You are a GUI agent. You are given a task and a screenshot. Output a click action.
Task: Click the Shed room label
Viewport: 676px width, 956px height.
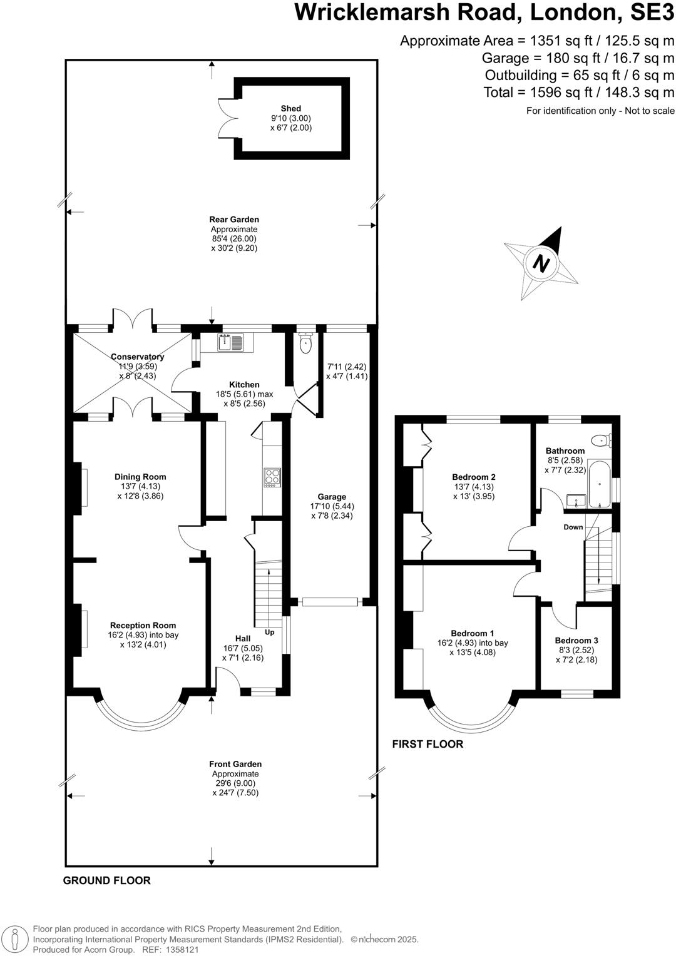point(290,109)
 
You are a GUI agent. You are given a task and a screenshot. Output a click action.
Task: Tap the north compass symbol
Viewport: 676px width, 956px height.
point(541,263)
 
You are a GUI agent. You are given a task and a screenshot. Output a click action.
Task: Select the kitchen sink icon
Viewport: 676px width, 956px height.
point(233,342)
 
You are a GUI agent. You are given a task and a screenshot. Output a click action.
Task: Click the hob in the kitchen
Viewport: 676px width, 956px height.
point(272,477)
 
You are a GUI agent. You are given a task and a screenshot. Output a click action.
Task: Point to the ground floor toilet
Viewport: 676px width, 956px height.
point(305,343)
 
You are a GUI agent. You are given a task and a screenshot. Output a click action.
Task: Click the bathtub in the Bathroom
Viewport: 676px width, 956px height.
point(600,486)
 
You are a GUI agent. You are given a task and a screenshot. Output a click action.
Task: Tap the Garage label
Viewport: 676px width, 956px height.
point(332,497)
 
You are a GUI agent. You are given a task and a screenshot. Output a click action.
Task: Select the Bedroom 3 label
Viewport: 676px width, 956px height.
point(576,640)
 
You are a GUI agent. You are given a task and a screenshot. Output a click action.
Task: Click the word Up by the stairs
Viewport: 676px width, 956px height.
point(270,633)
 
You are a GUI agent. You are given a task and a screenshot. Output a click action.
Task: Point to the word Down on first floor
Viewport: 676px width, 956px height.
point(573,527)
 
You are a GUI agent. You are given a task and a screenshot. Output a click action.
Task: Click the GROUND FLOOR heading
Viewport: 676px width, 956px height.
point(107,880)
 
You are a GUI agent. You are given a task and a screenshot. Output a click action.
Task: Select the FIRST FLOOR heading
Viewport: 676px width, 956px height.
point(428,744)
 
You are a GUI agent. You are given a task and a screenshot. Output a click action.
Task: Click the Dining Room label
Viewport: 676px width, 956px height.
point(140,477)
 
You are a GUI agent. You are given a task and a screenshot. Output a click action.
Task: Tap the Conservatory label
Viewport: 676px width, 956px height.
point(137,357)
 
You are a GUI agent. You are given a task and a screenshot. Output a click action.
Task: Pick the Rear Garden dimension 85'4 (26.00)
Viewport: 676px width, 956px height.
point(234,238)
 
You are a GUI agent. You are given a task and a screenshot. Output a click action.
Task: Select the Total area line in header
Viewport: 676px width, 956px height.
point(579,93)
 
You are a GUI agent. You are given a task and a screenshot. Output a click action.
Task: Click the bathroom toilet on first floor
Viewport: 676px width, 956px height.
point(602,440)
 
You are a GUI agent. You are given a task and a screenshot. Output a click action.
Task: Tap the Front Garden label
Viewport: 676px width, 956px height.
point(235,764)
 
